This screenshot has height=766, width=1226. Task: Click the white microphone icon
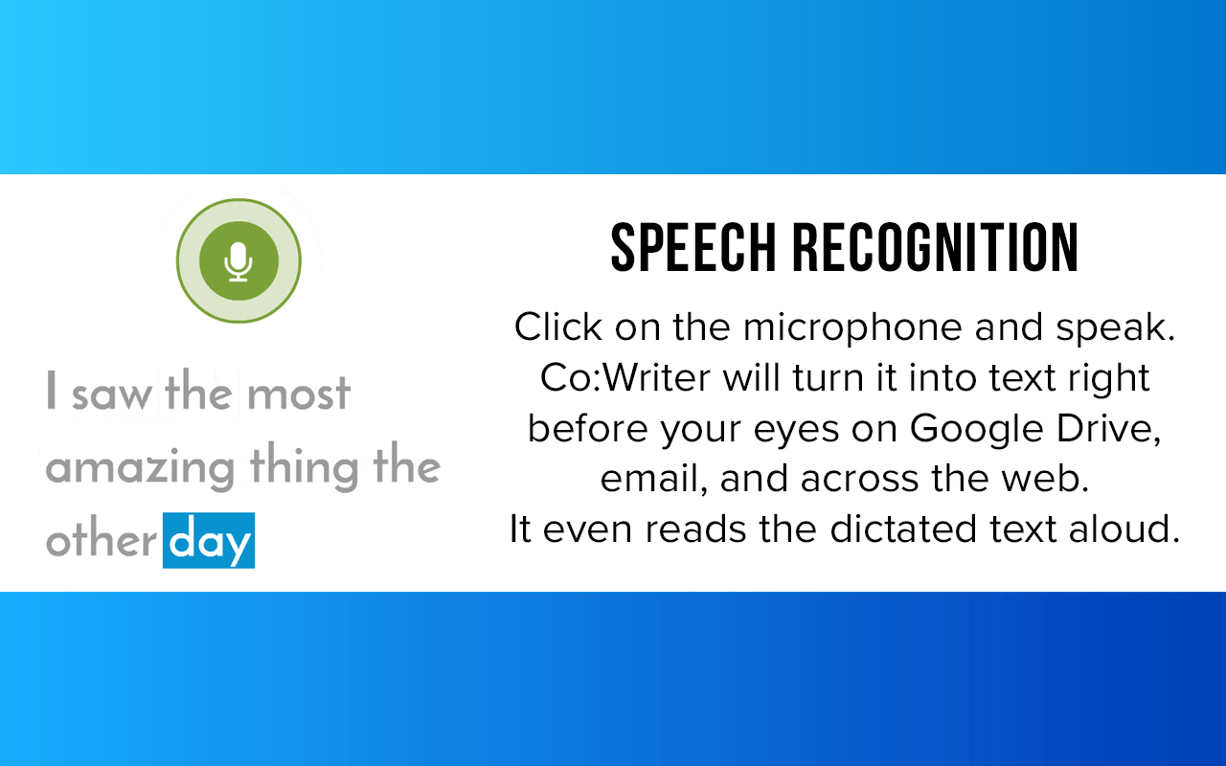click(x=238, y=261)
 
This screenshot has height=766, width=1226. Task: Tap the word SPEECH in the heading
click(x=693, y=247)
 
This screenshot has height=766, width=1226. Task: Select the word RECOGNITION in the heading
click(x=936, y=247)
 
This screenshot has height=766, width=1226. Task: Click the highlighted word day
click(x=209, y=541)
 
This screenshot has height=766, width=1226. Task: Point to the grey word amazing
click(x=140, y=469)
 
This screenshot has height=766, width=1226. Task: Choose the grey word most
click(x=298, y=393)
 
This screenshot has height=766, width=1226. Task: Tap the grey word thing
click(x=305, y=466)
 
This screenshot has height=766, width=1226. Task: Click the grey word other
click(x=102, y=540)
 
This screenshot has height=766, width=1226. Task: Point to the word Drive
click(x=1109, y=428)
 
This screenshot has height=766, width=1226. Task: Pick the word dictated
click(x=903, y=529)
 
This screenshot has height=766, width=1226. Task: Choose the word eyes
click(x=796, y=431)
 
